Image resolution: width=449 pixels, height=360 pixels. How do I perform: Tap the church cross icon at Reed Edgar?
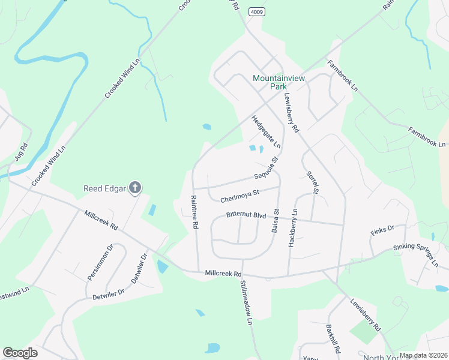[136, 188]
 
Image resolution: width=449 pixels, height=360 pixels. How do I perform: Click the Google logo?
[20, 353]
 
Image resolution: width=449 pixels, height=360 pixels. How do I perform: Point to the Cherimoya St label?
[239, 194]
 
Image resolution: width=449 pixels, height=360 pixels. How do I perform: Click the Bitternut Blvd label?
[246, 215]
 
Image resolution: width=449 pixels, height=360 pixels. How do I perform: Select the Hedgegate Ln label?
[266, 133]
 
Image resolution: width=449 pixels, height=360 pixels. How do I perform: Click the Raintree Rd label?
[194, 212]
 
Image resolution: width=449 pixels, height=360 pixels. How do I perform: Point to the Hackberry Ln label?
[294, 225]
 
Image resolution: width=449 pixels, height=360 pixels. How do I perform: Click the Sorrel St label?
[312, 181]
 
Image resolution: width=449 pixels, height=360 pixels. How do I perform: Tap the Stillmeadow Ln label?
[246, 302]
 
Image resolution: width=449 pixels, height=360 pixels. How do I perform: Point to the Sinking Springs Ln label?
[416, 255]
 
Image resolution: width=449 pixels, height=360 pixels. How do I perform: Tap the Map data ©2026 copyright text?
[423, 355]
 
